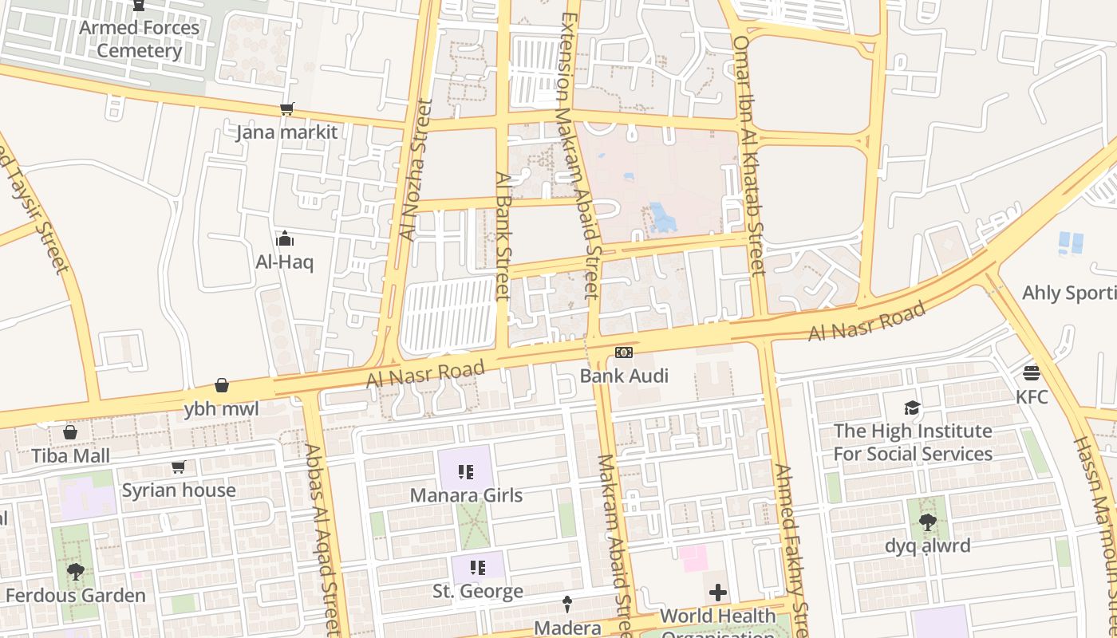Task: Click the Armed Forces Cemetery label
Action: pos(140,39)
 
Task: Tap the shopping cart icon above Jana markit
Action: pos(286,109)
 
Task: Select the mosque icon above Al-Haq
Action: pos(285,238)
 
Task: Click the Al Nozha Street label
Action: pos(415,170)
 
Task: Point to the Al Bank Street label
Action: pos(502,236)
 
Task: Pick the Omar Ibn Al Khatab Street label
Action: pos(750,156)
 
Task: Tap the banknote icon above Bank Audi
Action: pos(623,352)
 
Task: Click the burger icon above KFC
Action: pos(1032,373)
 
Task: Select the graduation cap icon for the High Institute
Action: pos(912,408)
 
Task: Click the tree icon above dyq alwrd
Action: pos(927,522)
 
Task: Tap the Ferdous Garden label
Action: pos(76,595)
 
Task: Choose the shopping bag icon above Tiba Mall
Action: pos(70,432)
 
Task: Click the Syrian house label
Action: pos(179,490)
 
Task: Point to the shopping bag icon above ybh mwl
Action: pos(222,386)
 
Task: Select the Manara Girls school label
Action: pos(466,495)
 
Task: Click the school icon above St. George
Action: pos(478,568)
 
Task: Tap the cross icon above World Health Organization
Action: pos(718,593)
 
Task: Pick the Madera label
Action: pos(567,628)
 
